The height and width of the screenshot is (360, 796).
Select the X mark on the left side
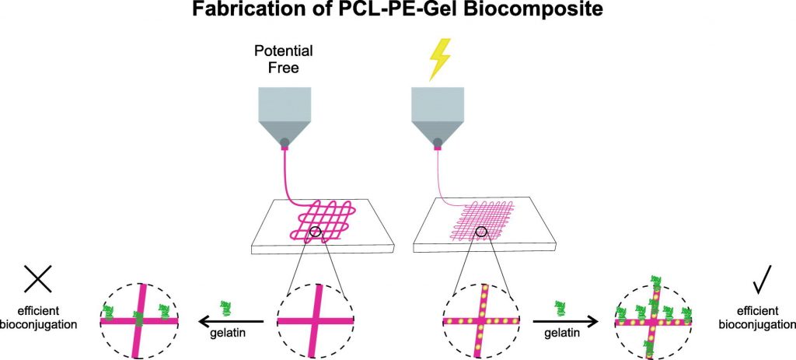[x=37, y=281]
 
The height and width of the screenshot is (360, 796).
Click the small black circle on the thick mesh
[x=315, y=231]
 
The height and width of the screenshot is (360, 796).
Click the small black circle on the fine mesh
[x=482, y=231]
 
